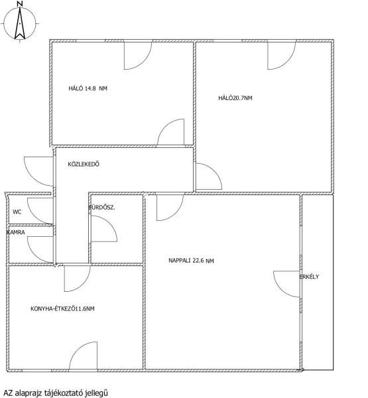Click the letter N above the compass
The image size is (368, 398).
(x=21, y=3)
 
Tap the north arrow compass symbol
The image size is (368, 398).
(x=20, y=24)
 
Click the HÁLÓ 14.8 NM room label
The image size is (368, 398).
(x=88, y=88)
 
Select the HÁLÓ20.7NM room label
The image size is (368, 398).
(x=235, y=98)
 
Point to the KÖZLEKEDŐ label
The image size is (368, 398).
(x=84, y=164)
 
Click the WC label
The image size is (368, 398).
(x=17, y=212)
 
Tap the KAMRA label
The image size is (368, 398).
(x=16, y=232)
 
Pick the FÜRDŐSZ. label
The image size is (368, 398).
(x=101, y=208)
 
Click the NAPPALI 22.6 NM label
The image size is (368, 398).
(x=191, y=261)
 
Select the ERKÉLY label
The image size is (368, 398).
(x=309, y=277)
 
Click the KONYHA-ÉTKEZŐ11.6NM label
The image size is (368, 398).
(x=62, y=308)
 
